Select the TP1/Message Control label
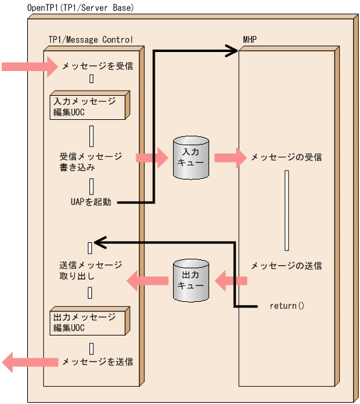(90, 39)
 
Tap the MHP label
(250, 39)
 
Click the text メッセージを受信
(97, 65)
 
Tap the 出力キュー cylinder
(190, 280)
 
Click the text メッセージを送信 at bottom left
(97, 362)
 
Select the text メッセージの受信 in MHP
(286, 157)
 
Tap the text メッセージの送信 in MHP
(286, 266)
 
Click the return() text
(287, 306)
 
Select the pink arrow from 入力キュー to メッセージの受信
(229, 157)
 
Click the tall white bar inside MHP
(287, 209)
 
